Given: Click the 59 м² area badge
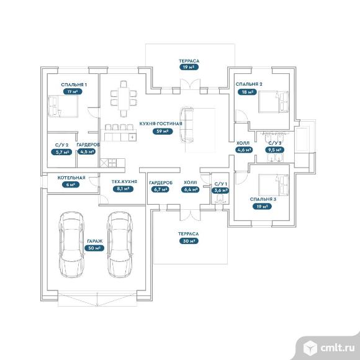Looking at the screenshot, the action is pyautogui.click(x=163, y=131).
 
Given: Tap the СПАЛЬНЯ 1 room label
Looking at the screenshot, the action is pyautogui.click(x=74, y=84).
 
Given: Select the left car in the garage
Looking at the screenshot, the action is pyautogui.click(x=71, y=245).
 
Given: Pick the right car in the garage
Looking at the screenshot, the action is pyautogui.click(x=120, y=245).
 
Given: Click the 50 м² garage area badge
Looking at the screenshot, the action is pyautogui.click(x=94, y=248).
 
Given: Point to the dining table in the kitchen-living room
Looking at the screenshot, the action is pyautogui.click(x=124, y=99).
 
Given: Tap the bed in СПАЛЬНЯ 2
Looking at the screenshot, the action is pyautogui.click(x=273, y=101).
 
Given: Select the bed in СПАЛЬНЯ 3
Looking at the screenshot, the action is pyautogui.click(x=273, y=185).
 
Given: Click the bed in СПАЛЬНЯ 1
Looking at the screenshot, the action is pyautogui.click(x=63, y=106).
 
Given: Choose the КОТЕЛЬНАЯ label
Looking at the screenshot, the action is pyautogui.click(x=71, y=178).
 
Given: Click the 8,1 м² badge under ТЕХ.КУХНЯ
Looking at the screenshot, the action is pyautogui.click(x=124, y=189).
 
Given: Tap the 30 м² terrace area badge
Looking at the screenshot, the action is pyautogui.click(x=189, y=241).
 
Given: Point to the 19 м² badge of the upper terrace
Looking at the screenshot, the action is pyautogui.click(x=189, y=67).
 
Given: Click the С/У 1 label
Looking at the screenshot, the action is pyautogui.click(x=220, y=184).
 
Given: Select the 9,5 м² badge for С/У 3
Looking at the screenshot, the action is pyautogui.click(x=274, y=150).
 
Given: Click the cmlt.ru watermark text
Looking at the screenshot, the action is pyautogui.click(x=338, y=348).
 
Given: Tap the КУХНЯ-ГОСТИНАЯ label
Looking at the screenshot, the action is pyautogui.click(x=161, y=124).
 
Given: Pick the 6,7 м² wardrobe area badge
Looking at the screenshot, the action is pyautogui.click(x=160, y=189).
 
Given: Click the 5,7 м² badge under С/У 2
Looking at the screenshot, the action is pyautogui.click(x=61, y=152).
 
